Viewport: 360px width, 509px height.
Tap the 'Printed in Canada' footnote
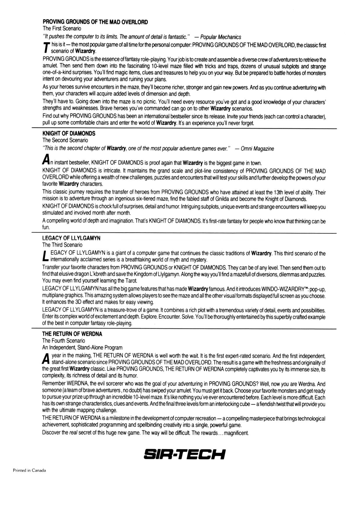click(x=29, y=470)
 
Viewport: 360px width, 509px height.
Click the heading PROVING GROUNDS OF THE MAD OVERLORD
click(x=95, y=22)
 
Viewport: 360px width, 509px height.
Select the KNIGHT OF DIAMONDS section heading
click(x=69, y=133)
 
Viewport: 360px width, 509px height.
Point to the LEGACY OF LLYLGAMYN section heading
click(x=71, y=238)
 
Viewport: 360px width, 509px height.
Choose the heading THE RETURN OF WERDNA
click(x=72, y=334)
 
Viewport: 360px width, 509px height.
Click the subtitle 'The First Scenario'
click(x=62, y=29)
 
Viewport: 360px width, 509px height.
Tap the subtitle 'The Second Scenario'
click(x=65, y=140)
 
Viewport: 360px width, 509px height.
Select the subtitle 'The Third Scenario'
click(x=62, y=245)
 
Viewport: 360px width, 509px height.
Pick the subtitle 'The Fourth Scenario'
click(x=64, y=341)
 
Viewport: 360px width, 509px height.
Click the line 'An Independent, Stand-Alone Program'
click(x=82, y=347)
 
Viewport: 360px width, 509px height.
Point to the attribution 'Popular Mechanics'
click(x=221, y=37)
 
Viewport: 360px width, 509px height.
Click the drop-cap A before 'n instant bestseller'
click(x=46, y=160)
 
